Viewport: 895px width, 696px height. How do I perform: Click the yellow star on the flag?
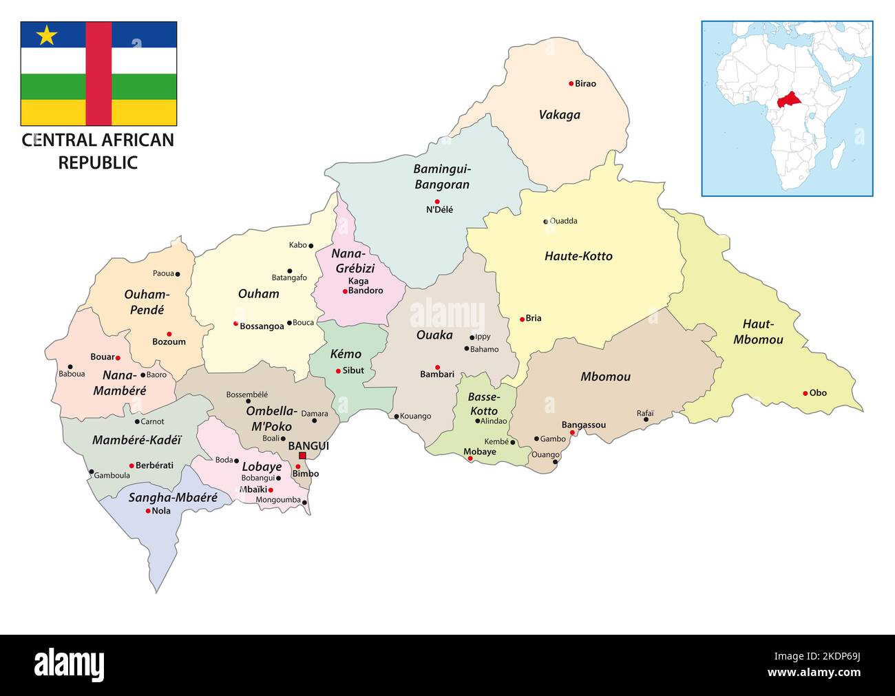pos(46,35)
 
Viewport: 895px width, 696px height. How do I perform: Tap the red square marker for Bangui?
pos(302,456)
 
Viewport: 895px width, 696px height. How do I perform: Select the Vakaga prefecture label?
pos(559,115)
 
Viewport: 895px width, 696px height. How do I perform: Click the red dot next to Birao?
pos(571,83)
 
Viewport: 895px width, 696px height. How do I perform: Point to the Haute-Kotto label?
pos(578,256)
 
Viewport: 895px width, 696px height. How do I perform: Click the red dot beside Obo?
pos(805,393)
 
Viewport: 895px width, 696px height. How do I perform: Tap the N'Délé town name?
pos(439,210)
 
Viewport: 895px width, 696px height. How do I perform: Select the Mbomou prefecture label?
pos(605,377)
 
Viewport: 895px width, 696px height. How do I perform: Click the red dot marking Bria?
pos(522,319)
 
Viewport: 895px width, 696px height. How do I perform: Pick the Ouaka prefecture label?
pos(434,335)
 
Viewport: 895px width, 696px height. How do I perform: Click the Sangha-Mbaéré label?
pos(173,497)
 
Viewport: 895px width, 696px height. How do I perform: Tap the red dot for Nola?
pos(148,511)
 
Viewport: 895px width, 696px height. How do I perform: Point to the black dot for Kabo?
pos(311,245)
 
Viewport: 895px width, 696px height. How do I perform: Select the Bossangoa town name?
pos(262,326)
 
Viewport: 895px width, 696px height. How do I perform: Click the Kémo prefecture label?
pos(346,354)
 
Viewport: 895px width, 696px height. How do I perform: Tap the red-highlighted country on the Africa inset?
pos(790,100)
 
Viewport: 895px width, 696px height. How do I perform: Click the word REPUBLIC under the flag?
pos(98,162)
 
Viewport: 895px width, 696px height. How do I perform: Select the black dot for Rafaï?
pos(646,419)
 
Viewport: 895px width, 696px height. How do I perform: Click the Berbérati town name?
pos(155,466)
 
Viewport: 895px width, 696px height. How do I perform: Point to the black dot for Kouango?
pos(397,416)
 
